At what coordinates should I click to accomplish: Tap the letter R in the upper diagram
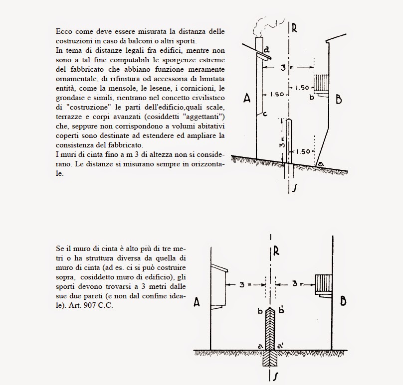[x=295, y=28]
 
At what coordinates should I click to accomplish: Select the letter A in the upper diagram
[x=246, y=99]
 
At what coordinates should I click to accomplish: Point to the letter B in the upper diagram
[x=339, y=100]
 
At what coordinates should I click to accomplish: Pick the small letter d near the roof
[x=267, y=49]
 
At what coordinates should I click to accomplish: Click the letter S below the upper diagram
[x=295, y=188]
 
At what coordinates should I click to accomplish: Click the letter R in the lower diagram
[x=276, y=251]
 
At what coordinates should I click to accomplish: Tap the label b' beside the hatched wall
[x=282, y=311]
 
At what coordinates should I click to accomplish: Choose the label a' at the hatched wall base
[x=281, y=345]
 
